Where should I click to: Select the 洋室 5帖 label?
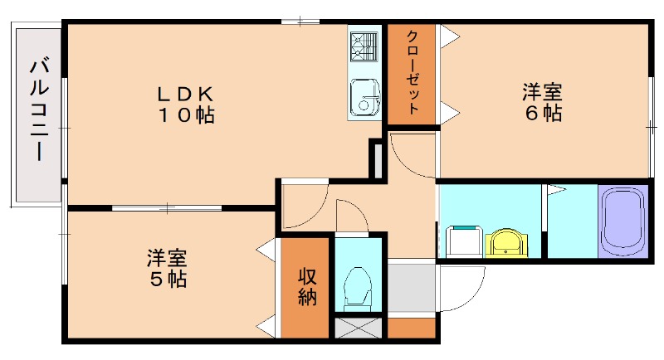click(167, 267)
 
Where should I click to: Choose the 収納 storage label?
click(307, 287)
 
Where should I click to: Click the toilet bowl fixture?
click(358, 286)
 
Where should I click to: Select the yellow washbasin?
click(505, 243)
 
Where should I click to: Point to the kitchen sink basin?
click(364, 97)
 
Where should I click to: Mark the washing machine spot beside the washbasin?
click(464, 241)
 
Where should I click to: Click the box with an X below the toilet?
click(359, 328)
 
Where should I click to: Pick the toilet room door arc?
click(349, 217)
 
